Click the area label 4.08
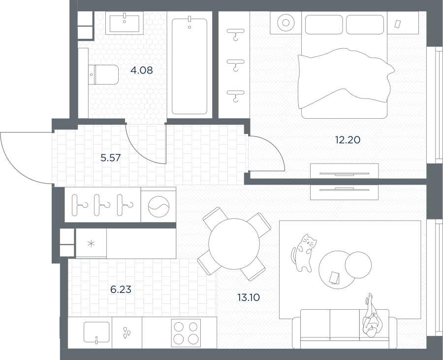coord(142,70)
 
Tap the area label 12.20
coord(348,139)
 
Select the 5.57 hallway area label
coord(111,158)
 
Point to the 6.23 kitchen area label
coord(121,290)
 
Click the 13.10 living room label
coord(249,297)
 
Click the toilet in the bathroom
coord(103,74)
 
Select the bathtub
coord(190,66)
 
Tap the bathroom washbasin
coord(125,24)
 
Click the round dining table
coord(234,244)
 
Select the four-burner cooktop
coord(186,333)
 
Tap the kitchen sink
coord(96,332)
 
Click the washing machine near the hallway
coord(158,204)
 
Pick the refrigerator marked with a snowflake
coord(91,243)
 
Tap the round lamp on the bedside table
coord(285,23)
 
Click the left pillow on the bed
coord(324,25)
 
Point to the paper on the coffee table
coord(335,277)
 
